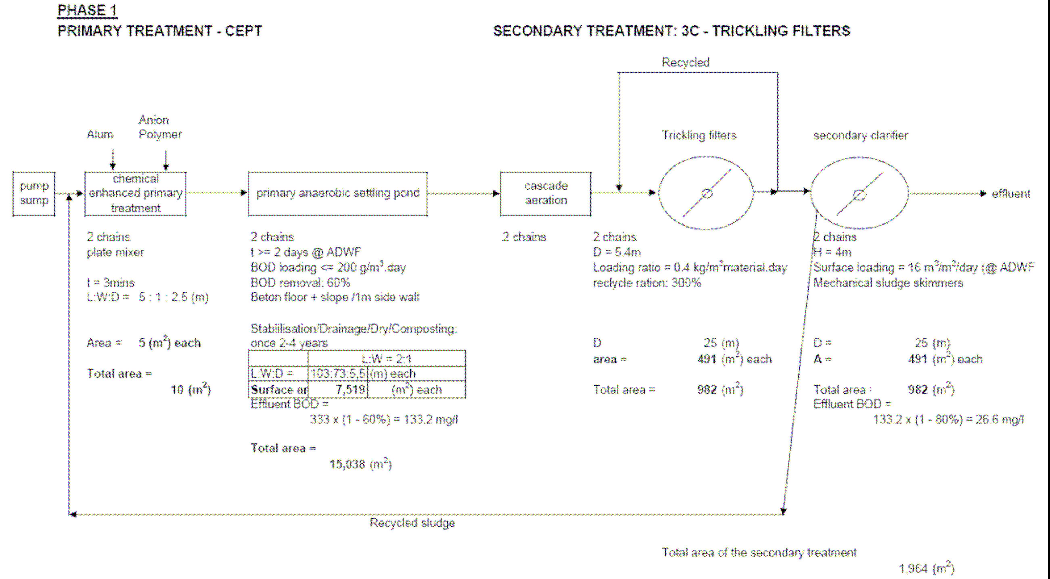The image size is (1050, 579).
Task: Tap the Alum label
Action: pos(100,135)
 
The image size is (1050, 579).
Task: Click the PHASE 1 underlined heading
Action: pos(87,10)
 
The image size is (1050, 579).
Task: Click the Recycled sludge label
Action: pos(412,523)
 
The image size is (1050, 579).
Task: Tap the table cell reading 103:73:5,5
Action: pos(338,374)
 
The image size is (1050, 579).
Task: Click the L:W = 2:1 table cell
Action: pos(386,359)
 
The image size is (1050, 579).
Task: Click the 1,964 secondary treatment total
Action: pos(913,568)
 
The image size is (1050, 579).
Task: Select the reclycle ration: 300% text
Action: pos(646,282)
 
